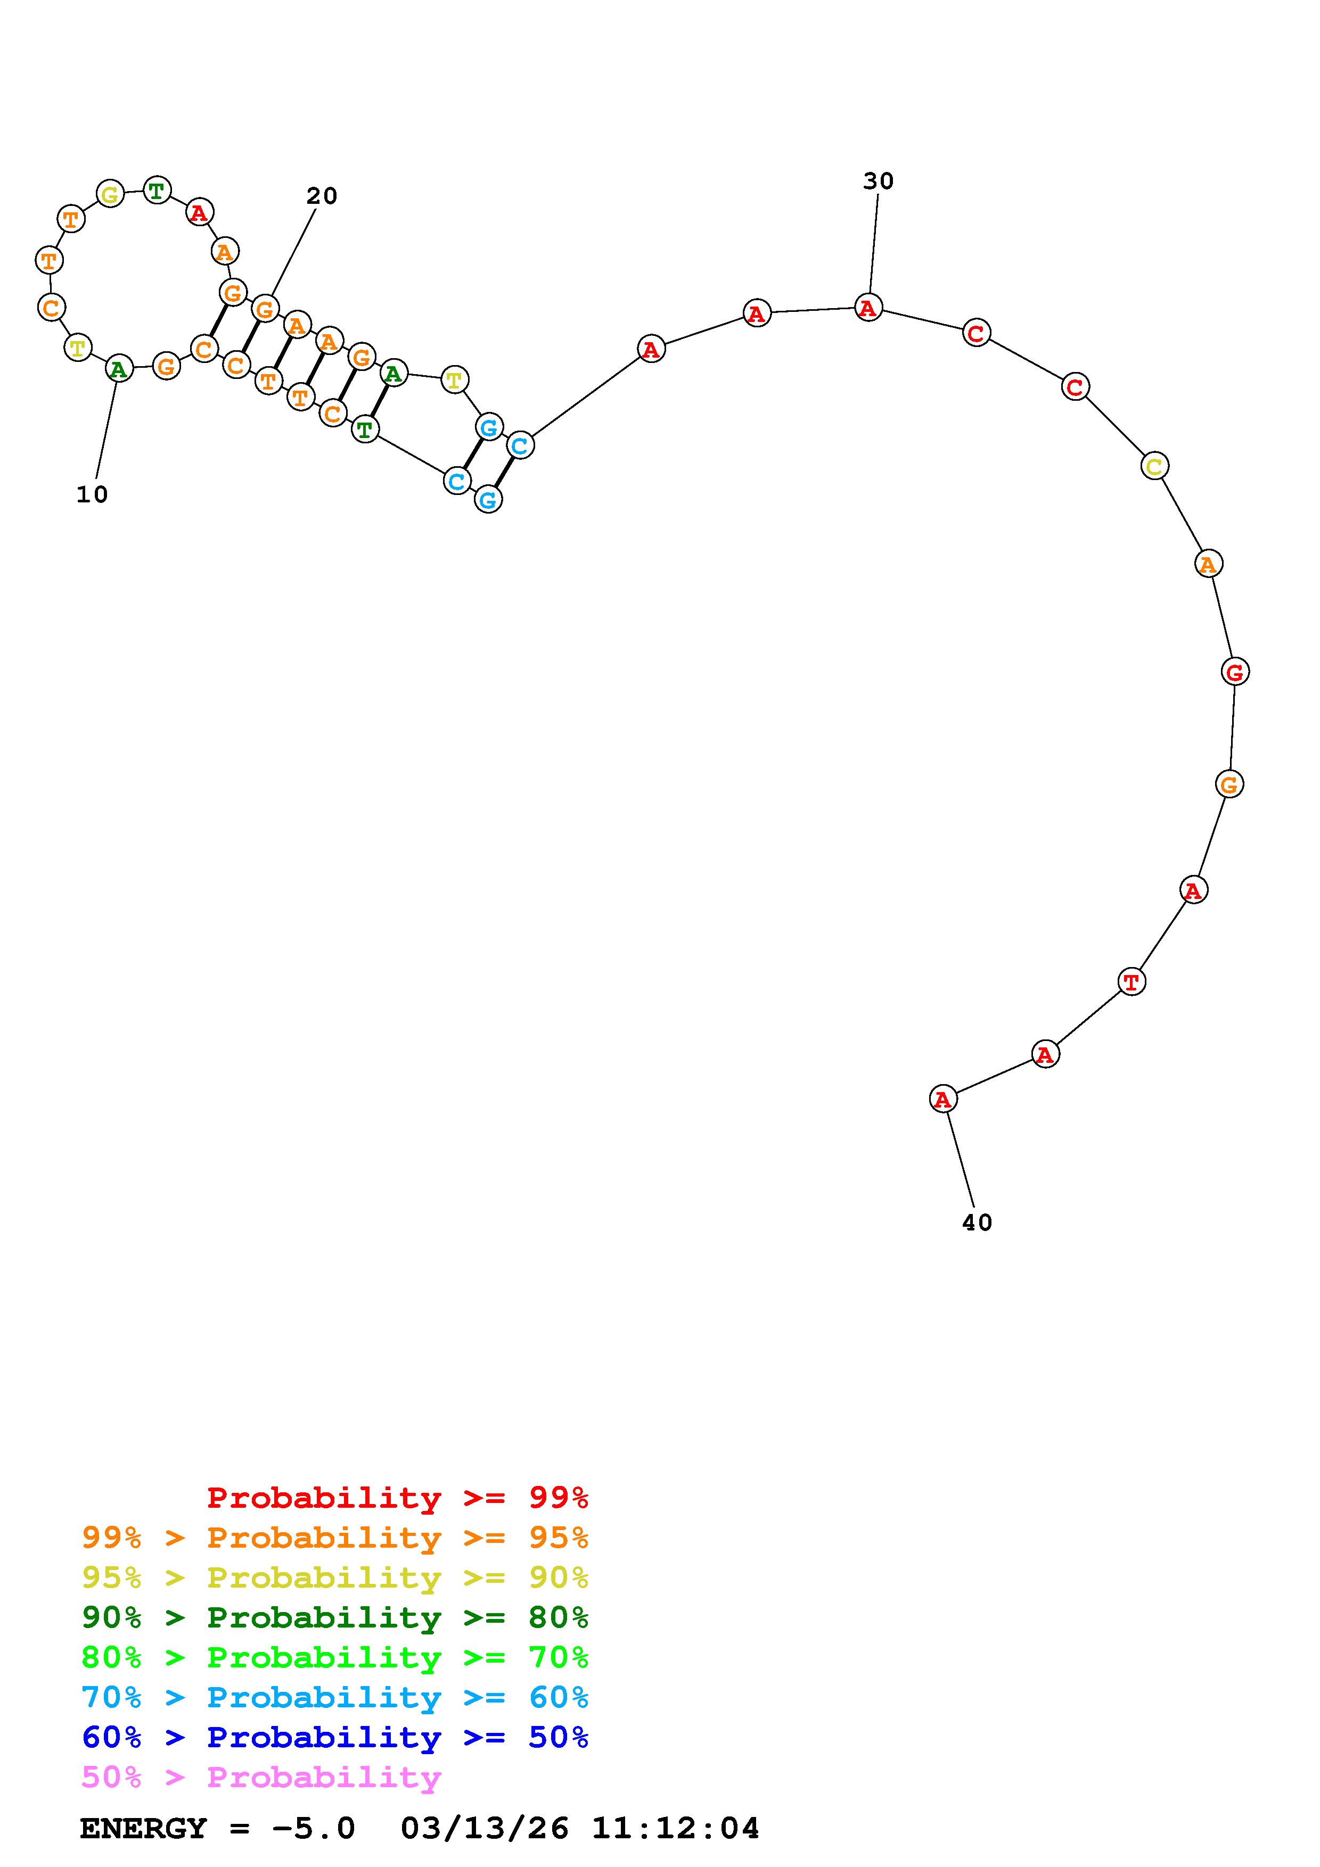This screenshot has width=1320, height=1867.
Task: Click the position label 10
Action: click(x=92, y=494)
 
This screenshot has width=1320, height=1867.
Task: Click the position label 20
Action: click(x=321, y=196)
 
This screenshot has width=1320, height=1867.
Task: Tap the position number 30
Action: click(x=879, y=181)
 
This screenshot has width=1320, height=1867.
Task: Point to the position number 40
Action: click(x=977, y=1223)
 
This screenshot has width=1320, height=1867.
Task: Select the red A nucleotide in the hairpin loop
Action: click(x=199, y=213)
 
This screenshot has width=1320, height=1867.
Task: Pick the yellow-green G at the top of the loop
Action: click(x=110, y=194)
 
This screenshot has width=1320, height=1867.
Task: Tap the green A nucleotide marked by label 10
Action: click(x=119, y=369)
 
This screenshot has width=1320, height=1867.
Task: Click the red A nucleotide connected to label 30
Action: click(x=868, y=308)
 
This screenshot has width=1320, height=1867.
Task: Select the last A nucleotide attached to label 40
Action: click(x=942, y=1100)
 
